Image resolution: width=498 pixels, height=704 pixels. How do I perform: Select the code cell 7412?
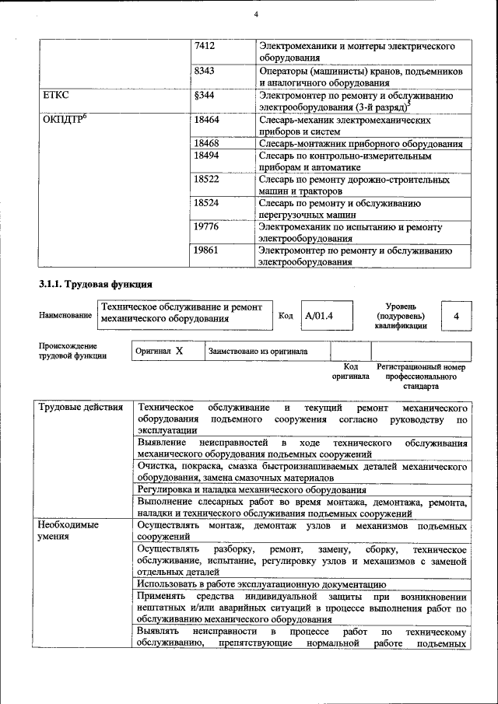coord(205,47)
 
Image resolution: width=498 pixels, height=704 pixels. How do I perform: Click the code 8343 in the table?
coord(205,71)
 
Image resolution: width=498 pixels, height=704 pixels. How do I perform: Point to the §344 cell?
coord(204,95)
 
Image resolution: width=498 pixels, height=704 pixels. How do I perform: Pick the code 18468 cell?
coord(206,144)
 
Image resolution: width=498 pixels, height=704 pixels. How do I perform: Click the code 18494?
coord(206,156)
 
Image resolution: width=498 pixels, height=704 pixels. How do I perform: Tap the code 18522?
coord(206,180)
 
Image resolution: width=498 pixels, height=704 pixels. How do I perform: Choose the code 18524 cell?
coord(206,203)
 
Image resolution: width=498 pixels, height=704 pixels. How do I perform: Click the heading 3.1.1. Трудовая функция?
coord(95,283)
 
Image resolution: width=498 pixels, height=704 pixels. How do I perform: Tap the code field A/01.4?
coord(319,316)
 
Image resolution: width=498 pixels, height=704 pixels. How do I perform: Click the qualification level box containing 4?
coord(457,316)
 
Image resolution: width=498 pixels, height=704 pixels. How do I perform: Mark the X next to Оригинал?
coord(179,351)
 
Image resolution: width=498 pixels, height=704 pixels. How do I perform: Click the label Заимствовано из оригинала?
coord(257,352)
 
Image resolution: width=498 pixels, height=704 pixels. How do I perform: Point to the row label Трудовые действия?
coord(81,408)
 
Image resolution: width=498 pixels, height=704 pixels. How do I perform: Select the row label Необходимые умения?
coord(68,531)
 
